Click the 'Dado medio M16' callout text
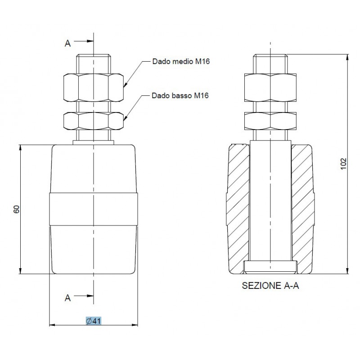click(181, 62)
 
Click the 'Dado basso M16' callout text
click(180, 95)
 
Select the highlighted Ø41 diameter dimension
click(94, 321)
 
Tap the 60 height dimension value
click(17, 209)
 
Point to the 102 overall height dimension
click(343, 164)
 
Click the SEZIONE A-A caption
click(270, 285)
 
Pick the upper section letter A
click(67, 43)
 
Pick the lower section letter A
click(67, 298)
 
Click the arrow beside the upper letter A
click(84, 41)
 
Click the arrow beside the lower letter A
click(84, 296)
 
